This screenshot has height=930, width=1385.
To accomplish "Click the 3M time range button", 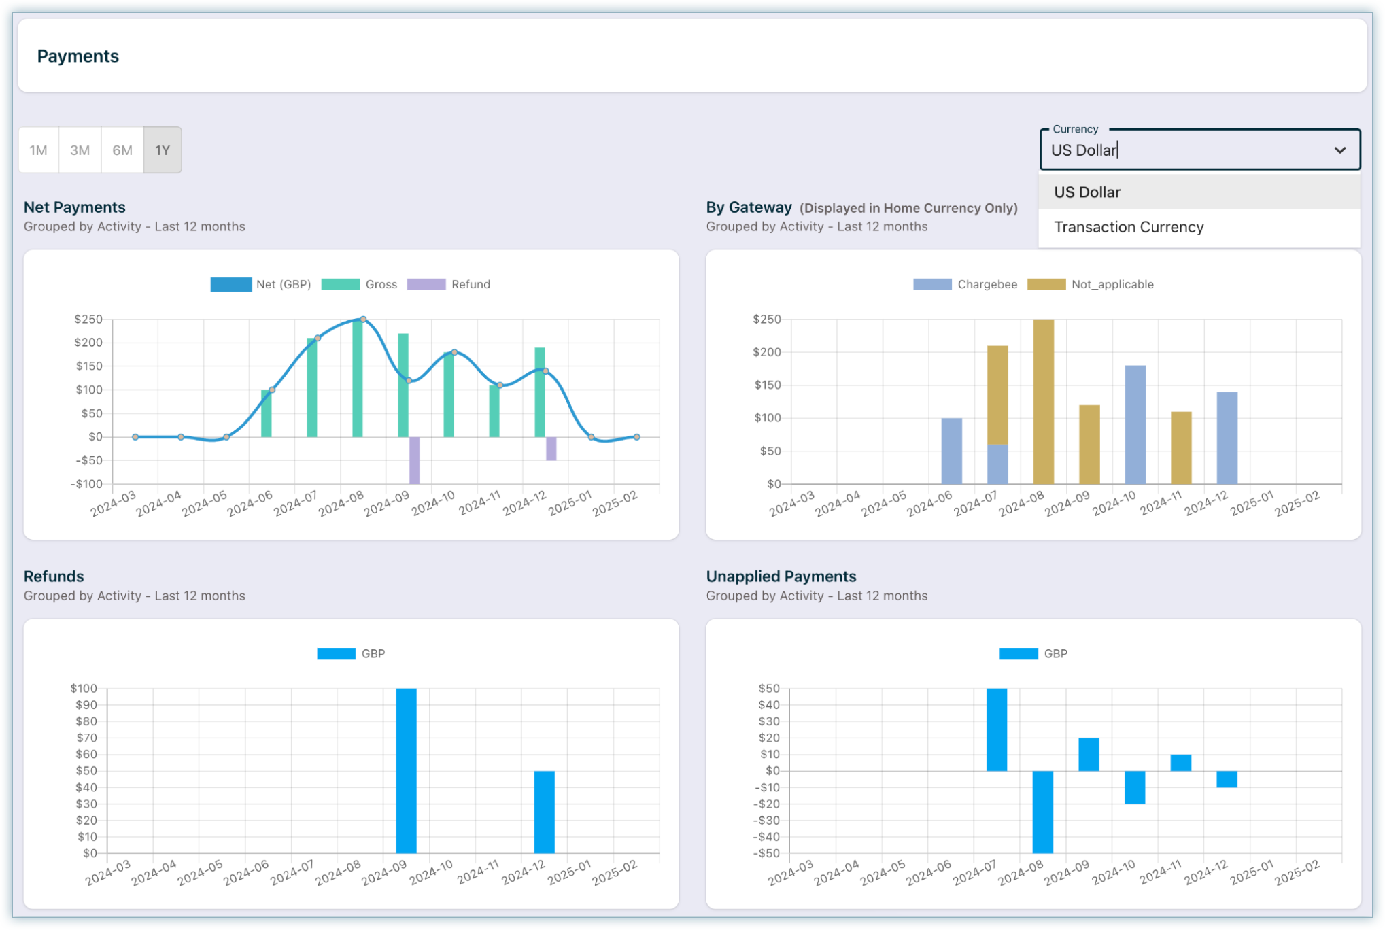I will (80, 150).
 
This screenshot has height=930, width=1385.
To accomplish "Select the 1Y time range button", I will (163, 150).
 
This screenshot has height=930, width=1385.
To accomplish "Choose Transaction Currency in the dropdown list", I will (1129, 227).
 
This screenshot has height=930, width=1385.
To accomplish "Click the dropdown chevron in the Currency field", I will (1339, 150).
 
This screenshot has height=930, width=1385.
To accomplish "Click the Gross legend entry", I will (360, 284).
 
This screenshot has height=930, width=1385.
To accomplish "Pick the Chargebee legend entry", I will (965, 284).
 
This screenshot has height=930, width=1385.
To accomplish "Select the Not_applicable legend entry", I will (1091, 284).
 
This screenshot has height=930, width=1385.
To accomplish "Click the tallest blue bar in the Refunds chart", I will (406, 770).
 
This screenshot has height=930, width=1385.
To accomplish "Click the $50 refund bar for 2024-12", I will (544, 812).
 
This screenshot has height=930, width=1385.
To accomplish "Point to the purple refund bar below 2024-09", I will (414, 460).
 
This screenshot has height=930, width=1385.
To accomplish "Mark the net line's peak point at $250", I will (363, 319).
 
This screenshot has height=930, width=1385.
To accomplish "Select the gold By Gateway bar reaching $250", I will (1044, 401).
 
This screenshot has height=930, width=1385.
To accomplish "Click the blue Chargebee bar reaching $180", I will (1135, 425).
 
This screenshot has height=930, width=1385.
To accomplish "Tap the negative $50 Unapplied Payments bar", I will (1043, 812).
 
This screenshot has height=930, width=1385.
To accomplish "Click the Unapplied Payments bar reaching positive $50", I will (997, 729).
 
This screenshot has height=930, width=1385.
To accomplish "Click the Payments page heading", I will (78, 56).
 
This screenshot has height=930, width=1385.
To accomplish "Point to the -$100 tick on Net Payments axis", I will (87, 484).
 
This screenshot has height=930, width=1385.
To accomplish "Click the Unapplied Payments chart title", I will (781, 576).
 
